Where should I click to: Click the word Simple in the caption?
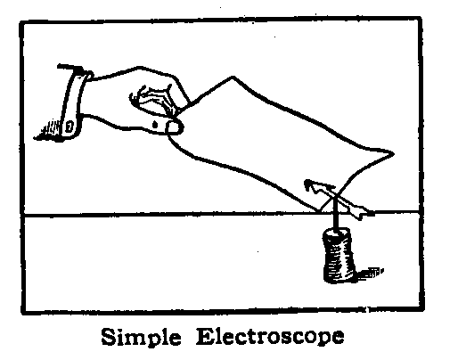coord(141,337)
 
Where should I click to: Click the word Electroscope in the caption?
coord(270,337)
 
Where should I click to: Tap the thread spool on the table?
coord(339,255)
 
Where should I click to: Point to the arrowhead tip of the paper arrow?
coord(306,181)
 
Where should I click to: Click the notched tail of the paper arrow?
coord(364,212)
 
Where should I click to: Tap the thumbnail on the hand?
coord(173,127)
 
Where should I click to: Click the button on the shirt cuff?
coord(69,127)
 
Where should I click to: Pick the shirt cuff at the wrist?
coord(74,102)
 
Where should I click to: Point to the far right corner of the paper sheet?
coord(394,153)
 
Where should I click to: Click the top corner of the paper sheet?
coord(233,77)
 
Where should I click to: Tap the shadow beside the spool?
coord(370,273)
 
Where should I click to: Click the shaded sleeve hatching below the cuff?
coord(48,130)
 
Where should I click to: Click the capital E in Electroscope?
coord(205,337)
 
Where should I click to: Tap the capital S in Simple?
coord(109,337)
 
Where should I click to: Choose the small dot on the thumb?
coord(155,125)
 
